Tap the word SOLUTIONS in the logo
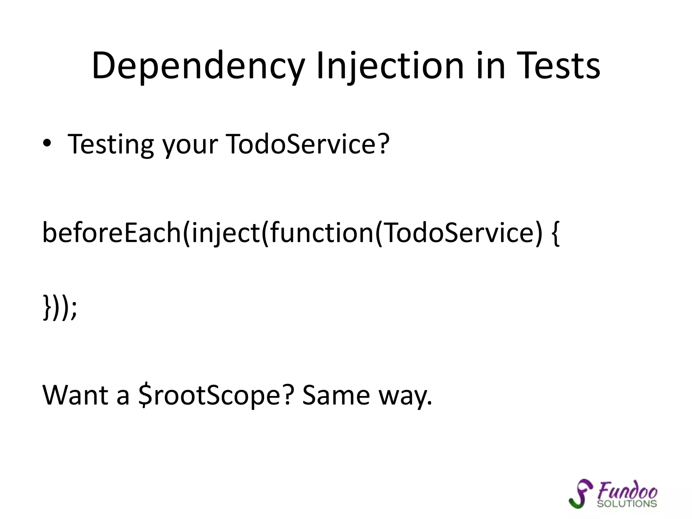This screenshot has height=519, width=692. pyautogui.click(x=626, y=504)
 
